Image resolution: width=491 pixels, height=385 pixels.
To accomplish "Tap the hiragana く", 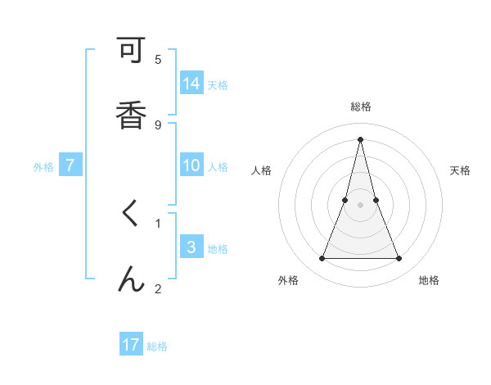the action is [130, 215].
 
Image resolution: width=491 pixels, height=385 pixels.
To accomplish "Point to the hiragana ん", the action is [130, 279].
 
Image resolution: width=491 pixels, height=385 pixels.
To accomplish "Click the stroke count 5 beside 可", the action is [158, 59].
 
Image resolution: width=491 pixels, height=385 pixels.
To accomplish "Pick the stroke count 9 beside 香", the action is [158, 125].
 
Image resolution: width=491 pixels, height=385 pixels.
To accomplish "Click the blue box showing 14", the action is [191, 84].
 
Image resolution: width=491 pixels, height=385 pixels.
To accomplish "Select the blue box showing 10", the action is [191, 165].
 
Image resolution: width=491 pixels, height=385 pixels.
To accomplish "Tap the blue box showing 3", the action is [191, 247].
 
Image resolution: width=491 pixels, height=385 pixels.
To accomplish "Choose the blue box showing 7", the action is [70, 165].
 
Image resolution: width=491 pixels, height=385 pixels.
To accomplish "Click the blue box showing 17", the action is [131, 345].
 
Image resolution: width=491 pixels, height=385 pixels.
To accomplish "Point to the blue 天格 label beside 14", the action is [218, 84].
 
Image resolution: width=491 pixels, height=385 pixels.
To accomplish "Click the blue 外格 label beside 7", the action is [43, 166].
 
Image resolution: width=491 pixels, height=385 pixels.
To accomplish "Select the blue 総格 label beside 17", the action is [157, 346].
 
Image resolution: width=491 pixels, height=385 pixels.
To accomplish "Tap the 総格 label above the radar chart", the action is [360, 106].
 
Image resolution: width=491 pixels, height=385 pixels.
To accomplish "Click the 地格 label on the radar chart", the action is [429, 280].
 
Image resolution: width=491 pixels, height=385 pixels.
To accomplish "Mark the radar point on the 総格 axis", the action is [360, 138].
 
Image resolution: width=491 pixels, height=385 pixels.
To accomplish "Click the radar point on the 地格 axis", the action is [399, 259].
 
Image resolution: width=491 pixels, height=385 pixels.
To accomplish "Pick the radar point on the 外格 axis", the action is [322, 259].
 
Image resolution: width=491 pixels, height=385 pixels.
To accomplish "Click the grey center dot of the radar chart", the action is [360, 204].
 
